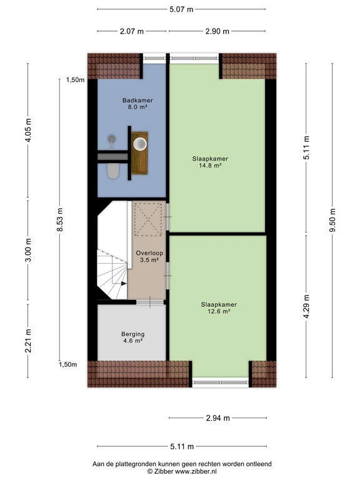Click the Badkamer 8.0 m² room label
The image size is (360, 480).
point(137,104)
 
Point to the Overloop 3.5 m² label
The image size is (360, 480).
point(148,256)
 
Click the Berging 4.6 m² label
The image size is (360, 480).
point(132,337)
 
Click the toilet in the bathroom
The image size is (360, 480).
point(113,170)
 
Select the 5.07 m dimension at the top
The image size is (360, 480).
point(181,9)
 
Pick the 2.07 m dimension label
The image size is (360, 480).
point(132,31)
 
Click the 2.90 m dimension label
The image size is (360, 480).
point(217,31)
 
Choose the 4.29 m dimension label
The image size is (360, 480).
point(306,307)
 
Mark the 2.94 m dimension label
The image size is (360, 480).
point(217,418)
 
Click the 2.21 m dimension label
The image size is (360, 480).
point(28,341)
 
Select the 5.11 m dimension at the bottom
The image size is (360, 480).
point(181,446)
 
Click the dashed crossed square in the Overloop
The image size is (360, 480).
point(148,219)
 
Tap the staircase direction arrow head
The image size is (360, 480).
point(123,283)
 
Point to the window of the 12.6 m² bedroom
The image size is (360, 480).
point(221,381)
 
